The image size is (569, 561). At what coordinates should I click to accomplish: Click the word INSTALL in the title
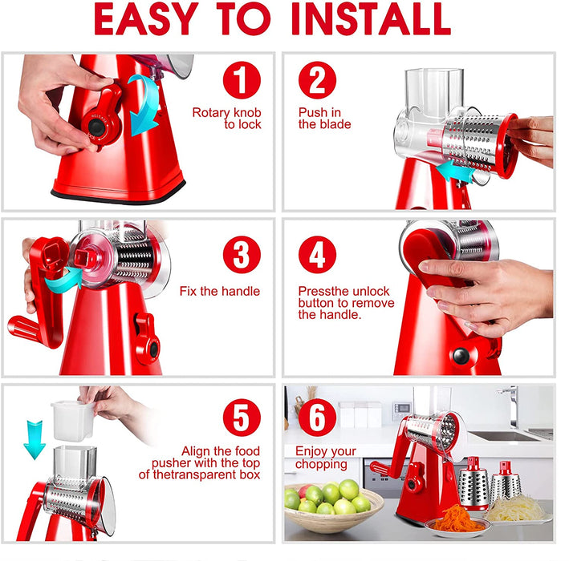click(371, 19)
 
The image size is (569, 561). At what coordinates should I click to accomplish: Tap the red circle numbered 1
click(242, 80)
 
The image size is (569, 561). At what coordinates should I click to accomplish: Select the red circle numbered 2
click(317, 80)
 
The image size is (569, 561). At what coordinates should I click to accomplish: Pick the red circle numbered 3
click(242, 254)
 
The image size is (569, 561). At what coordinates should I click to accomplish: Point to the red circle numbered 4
click(317, 254)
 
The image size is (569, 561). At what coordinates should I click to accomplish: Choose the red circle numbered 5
click(242, 418)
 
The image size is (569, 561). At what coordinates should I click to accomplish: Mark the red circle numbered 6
click(317, 418)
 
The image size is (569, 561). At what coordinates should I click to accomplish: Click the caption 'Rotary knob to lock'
click(227, 118)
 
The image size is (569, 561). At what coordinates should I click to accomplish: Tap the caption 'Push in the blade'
click(324, 118)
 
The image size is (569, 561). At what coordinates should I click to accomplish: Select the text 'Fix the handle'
click(220, 291)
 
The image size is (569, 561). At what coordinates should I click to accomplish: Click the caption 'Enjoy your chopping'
click(326, 458)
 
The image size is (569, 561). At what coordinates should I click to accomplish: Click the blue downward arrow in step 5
click(35, 440)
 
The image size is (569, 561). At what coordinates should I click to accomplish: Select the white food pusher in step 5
click(72, 421)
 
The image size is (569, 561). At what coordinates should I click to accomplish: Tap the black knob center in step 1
click(96, 127)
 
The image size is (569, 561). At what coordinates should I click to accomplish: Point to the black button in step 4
click(461, 356)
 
